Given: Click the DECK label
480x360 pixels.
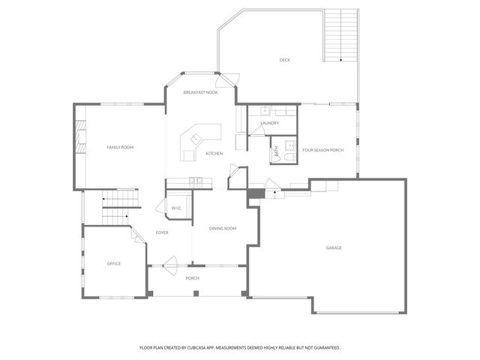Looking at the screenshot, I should tap(285, 60).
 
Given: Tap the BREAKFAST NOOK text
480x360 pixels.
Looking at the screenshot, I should tap(200, 92).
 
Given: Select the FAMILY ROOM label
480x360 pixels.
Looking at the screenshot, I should tap(120, 148).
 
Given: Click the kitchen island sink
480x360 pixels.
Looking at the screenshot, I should tap(196, 139).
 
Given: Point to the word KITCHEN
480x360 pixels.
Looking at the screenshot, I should tap(214, 154).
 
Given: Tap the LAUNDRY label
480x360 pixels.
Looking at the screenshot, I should tap(270, 123).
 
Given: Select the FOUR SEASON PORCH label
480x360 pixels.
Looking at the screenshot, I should tap(323, 150).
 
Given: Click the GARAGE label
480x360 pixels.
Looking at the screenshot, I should tap(334, 247).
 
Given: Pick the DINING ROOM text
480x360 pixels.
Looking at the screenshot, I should tap(223, 229).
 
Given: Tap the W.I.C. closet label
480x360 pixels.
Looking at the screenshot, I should tap(177, 208).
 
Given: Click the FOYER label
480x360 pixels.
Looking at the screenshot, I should tap(162, 232).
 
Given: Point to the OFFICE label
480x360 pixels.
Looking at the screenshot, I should tap(114, 263).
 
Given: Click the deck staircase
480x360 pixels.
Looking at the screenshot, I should tap(340, 35).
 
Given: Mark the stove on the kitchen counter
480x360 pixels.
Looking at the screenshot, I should tap(196, 180).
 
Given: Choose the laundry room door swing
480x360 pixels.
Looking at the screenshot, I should tap(256, 130).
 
